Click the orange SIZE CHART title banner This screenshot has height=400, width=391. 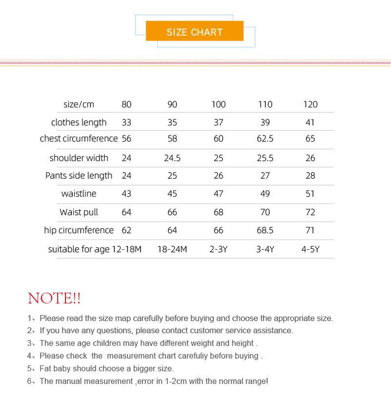194,31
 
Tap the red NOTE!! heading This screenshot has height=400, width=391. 54,298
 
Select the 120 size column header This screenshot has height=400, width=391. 310,105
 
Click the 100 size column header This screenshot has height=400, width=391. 218,105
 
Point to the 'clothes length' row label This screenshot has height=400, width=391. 79,122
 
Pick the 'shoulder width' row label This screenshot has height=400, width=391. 79,158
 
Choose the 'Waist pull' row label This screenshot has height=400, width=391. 79,212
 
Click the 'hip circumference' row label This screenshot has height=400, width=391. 79,230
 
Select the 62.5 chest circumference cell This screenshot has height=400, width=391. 265,139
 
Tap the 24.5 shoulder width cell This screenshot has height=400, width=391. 172,158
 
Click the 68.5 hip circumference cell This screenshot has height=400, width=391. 265,230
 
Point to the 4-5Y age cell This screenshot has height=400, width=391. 310,249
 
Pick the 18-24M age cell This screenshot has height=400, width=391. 172,249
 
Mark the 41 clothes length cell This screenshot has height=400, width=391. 310,122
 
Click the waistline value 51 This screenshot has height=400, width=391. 310,194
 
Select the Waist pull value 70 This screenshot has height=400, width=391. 265,212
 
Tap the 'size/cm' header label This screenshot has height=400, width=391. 79,105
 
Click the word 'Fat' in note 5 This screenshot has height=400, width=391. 46,369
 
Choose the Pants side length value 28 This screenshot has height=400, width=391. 310,175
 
